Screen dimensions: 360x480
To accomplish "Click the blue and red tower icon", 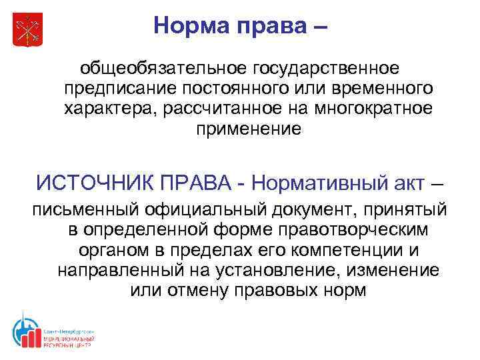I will [x=25, y=331].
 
